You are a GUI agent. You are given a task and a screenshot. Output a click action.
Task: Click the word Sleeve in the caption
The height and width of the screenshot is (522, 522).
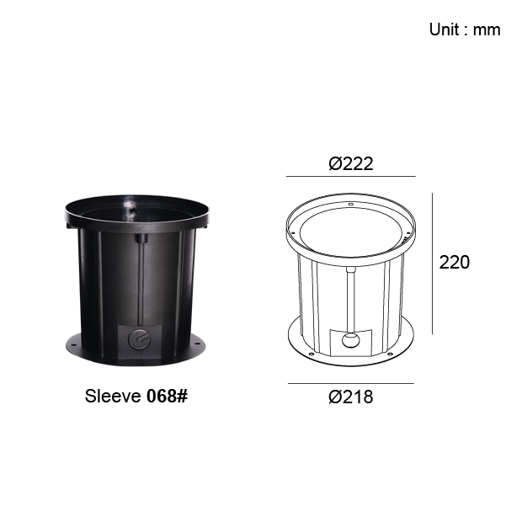113,397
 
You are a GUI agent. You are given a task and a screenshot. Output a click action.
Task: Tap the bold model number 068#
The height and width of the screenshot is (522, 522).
167,397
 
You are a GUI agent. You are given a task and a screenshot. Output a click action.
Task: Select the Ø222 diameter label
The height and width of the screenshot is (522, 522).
351,164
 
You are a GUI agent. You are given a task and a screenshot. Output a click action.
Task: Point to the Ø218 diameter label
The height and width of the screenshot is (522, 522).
351,397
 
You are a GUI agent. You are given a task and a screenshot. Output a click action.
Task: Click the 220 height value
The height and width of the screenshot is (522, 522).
454,263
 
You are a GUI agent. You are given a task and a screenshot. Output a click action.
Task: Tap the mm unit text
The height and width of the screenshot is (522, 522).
487,30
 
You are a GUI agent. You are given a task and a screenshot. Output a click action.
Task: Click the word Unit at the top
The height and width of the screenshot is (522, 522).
445,29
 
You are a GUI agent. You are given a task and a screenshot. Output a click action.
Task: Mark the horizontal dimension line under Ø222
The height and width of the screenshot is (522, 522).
351,176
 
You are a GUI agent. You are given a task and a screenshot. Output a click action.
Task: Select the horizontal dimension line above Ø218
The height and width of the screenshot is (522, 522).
351,384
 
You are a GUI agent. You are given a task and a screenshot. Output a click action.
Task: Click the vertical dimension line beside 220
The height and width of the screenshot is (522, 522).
433,264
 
